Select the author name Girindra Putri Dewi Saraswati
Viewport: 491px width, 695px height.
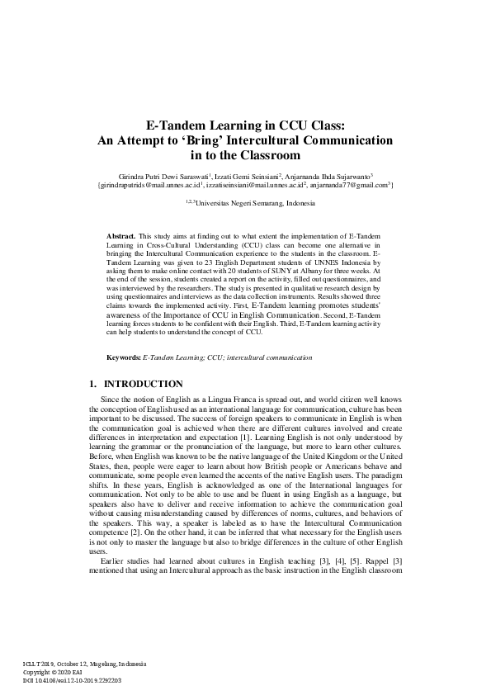(164, 176)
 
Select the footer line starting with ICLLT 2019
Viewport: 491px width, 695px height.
(84, 662)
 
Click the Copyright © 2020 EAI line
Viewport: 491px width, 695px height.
(59, 670)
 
